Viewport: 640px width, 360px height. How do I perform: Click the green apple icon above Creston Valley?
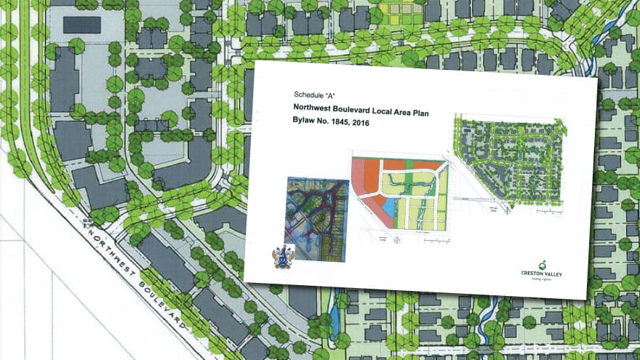(x=542, y=263)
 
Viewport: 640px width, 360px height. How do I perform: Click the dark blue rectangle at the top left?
(x=81, y=25)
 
